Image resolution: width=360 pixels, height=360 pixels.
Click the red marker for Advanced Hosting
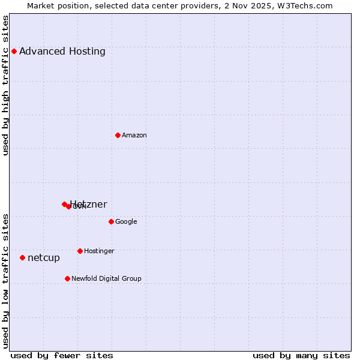14,51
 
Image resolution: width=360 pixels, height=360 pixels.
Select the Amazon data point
118,135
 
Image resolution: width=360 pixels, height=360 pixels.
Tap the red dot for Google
111,221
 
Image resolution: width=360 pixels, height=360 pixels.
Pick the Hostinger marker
80,251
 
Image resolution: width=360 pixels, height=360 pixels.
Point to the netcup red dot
22,257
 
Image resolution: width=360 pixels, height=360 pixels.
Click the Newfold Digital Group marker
67,278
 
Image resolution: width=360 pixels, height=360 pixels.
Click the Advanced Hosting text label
62,51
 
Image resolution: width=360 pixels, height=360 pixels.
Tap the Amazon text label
134,135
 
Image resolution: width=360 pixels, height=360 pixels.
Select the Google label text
126,221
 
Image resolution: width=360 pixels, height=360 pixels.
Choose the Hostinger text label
99,251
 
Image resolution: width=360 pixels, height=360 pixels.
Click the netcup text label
44,257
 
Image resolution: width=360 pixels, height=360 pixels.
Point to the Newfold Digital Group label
106,278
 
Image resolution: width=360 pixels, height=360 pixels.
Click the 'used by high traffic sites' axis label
5,85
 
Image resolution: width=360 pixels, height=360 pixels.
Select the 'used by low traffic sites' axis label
5,281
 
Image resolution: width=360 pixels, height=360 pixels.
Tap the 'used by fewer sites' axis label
62,355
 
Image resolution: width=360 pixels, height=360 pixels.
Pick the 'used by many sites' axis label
301,355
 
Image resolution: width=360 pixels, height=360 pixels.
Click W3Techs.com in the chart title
307,5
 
